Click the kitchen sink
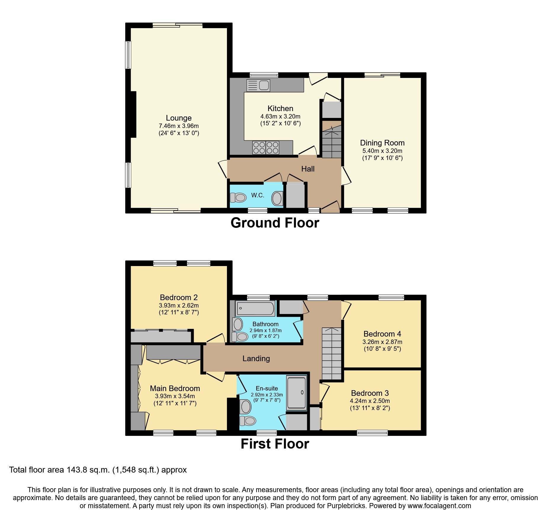[x=258, y=85]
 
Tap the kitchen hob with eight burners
[x=266, y=148]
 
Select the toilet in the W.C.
[x=239, y=197]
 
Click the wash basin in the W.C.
[x=277, y=198]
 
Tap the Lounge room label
[x=179, y=118]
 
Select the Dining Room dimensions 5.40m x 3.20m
[x=382, y=151]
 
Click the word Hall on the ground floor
[x=308, y=169]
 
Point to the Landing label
[x=256, y=358]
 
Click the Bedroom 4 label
[x=382, y=334]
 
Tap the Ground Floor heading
[x=275, y=223]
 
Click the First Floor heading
[x=275, y=444]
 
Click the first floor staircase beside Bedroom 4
[x=331, y=354]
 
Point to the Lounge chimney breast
[x=133, y=114]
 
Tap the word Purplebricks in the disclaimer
[x=346, y=506]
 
